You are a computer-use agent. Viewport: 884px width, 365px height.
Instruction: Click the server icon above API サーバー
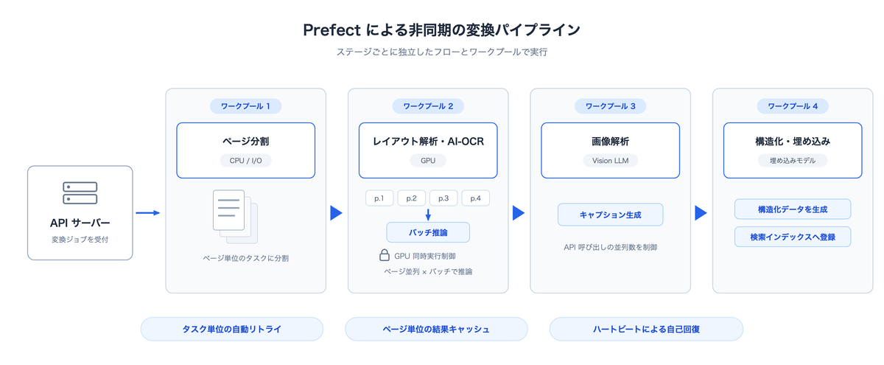point(80,192)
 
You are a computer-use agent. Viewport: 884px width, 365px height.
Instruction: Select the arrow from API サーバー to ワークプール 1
point(148,213)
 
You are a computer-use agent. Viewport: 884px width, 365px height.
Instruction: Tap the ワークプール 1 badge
point(245,106)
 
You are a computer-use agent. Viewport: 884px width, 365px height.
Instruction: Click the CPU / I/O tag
point(245,161)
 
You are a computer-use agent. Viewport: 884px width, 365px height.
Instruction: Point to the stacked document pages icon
point(235,217)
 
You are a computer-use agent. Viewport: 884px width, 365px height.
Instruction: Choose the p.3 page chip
point(443,198)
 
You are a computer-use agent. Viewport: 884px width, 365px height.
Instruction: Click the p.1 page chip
point(379,198)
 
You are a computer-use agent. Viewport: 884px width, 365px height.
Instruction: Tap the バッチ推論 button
point(428,232)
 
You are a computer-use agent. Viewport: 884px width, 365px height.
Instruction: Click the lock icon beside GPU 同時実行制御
point(385,255)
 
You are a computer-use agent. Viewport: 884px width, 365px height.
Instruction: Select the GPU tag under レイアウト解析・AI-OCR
point(428,161)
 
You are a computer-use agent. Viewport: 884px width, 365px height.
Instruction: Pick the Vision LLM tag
point(610,161)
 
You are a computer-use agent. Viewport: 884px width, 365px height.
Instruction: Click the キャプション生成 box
point(610,215)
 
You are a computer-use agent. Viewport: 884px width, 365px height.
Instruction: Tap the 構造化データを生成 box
point(793,209)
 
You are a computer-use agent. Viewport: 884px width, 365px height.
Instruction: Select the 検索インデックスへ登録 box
point(793,237)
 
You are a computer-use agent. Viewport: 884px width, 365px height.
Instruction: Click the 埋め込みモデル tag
point(793,161)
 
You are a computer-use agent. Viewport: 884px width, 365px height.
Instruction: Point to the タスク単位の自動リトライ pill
point(232,329)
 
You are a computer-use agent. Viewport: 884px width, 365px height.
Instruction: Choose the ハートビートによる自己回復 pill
point(647,329)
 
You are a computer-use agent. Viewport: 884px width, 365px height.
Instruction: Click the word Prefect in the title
point(332,30)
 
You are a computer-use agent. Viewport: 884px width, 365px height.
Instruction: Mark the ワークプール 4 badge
point(793,106)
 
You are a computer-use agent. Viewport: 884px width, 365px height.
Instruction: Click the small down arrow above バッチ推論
point(428,215)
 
